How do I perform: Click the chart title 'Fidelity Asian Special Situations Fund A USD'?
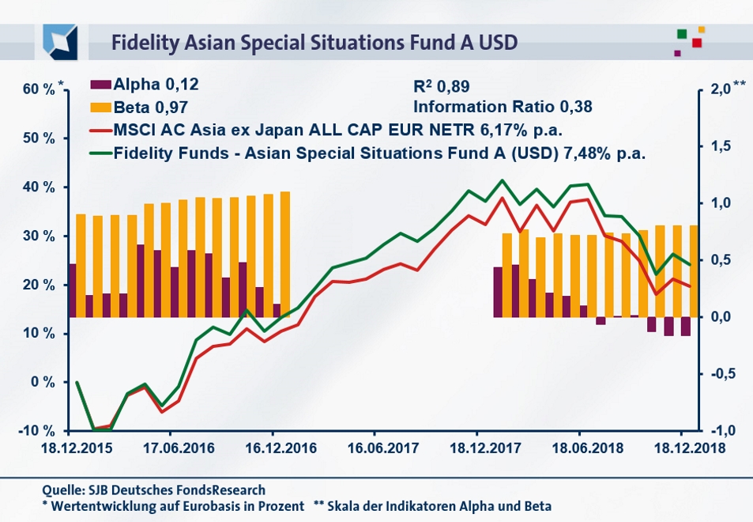[314, 41]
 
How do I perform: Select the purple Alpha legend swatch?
[101, 84]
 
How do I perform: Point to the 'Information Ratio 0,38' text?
[503, 106]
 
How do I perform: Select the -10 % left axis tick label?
[38, 431]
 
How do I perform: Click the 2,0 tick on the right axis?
[719, 89]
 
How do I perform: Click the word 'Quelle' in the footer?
[63, 490]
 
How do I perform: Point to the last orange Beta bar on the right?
[693, 270]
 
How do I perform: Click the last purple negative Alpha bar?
[685, 326]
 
